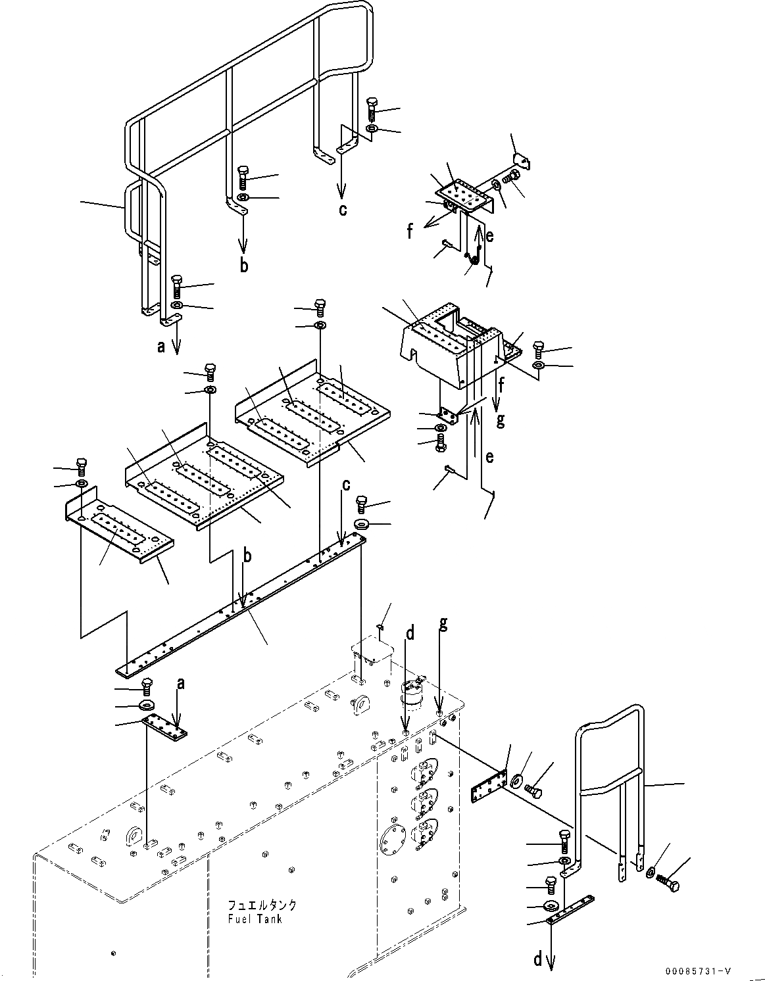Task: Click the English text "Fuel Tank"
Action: point(256,919)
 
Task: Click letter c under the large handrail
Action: point(342,210)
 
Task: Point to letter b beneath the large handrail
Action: point(244,266)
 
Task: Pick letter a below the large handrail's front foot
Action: point(162,347)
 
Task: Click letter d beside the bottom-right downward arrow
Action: point(538,961)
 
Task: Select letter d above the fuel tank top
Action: point(410,634)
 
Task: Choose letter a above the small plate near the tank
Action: point(181,684)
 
